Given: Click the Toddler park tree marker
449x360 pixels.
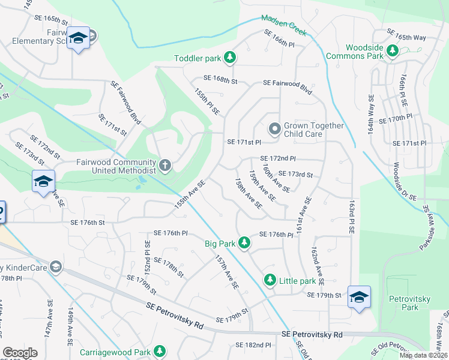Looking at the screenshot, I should [x=229, y=58].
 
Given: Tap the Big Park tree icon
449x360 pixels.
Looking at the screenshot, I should [x=244, y=243].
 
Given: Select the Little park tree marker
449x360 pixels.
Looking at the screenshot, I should [x=270, y=280].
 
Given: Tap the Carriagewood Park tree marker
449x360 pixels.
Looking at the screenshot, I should [x=160, y=350].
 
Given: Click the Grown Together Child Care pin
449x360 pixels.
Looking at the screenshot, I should [x=274, y=129].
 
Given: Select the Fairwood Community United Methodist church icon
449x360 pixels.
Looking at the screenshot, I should [x=165, y=164].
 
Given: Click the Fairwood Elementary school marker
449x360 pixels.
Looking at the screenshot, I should [x=77, y=38].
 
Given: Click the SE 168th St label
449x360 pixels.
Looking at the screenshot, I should [x=221, y=78].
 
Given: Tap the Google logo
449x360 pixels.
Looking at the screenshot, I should [x=20, y=353].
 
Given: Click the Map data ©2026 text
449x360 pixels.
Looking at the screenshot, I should [x=423, y=355].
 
